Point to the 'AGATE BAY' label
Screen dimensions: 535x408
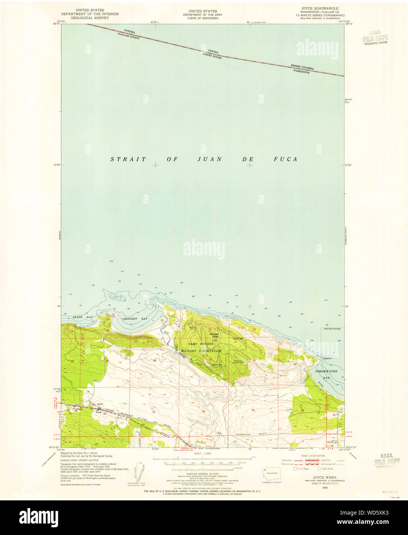pos(82,317)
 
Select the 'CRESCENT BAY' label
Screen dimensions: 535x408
pos(135,319)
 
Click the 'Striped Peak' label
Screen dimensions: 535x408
pos(214,335)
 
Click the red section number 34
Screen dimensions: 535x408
pos(203,411)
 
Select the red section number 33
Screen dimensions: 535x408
pos(153,412)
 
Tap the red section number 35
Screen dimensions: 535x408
pos(253,410)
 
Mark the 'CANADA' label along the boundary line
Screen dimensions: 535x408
pos(213,51)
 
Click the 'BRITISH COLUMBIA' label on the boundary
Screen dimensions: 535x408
pos(302,67)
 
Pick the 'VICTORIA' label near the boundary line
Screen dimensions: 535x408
pos(130,31)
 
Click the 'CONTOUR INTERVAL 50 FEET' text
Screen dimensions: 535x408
pos(202,475)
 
